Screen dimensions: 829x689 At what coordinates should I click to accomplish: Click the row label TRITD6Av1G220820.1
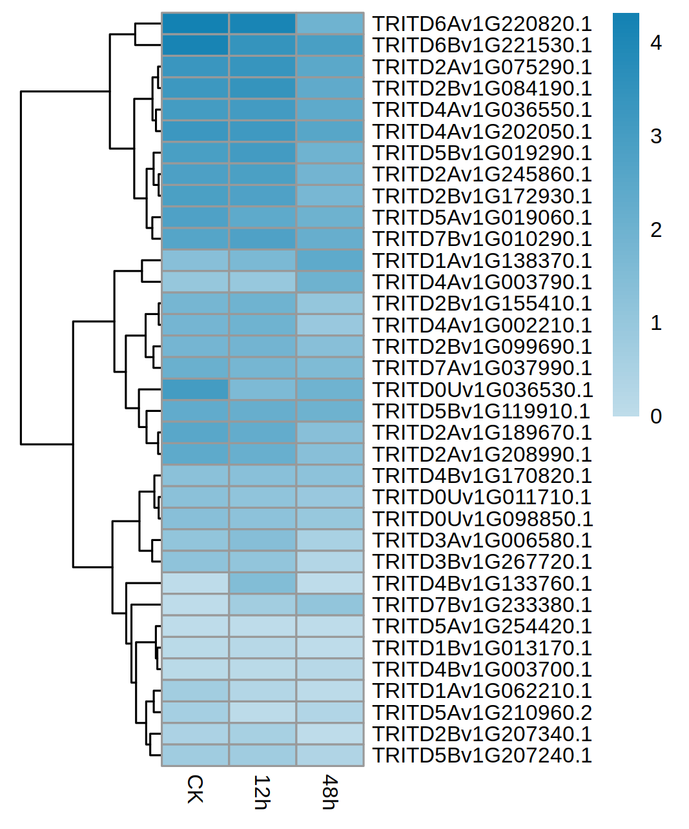tap(482, 24)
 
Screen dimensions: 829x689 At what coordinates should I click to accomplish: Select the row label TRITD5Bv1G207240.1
tap(482, 755)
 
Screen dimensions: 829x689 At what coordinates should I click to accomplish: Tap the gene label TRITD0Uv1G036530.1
tap(482, 390)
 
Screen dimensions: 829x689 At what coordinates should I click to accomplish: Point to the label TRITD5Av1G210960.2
tap(482, 713)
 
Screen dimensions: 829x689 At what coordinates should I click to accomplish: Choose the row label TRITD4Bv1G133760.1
tap(482, 584)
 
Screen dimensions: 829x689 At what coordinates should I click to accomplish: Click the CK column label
tap(195, 789)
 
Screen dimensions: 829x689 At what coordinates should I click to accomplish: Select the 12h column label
tap(262, 792)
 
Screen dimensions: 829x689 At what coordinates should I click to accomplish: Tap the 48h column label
tap(329, 792)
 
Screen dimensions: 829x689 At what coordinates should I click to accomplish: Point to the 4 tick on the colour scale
tap(656, 43)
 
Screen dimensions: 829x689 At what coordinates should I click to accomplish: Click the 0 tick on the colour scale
tap(656, 416)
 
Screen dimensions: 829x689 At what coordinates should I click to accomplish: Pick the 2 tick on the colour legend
tap(656, 230)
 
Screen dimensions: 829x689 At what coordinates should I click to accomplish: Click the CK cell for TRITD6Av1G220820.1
tap(195, 24)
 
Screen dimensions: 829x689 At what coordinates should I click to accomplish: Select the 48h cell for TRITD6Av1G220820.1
tap(329, 24)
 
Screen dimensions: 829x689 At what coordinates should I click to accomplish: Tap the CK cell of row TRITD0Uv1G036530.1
tap(195, 390)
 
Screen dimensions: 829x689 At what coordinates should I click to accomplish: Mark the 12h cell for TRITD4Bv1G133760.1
tap(262, 584)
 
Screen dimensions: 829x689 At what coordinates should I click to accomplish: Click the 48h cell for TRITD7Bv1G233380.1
tap(329, 605)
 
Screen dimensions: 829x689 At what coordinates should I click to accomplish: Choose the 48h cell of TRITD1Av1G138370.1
tap(329, 261)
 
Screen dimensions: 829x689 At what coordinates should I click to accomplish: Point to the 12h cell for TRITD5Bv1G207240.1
tap(262, 755)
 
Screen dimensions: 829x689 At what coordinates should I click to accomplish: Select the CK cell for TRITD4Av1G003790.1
tap(195, 282)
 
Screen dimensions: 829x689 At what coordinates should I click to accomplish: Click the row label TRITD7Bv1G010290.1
tap(482, 239)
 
